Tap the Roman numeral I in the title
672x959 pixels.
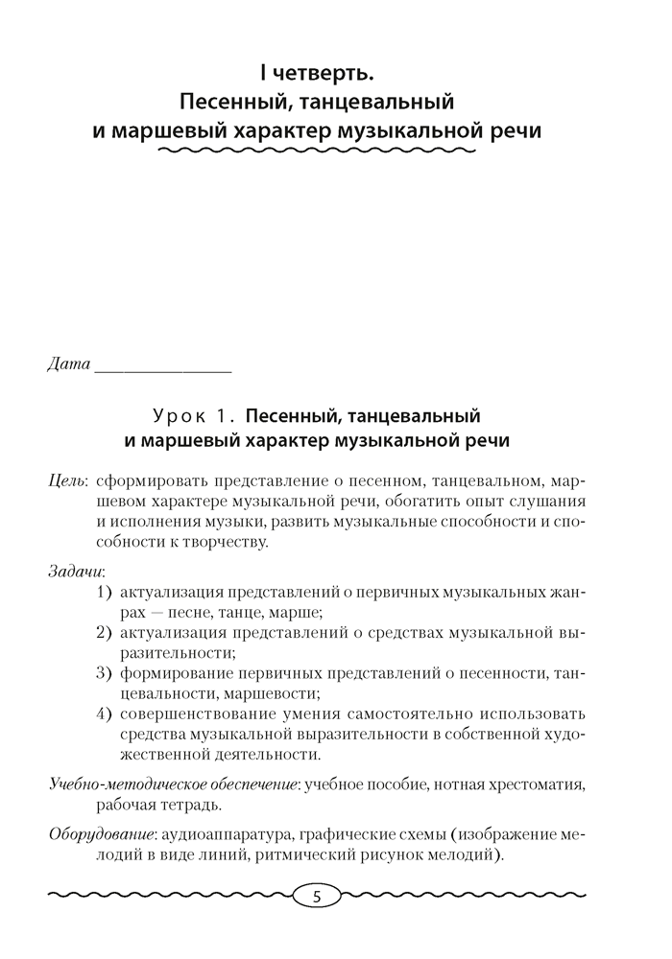[262, 72]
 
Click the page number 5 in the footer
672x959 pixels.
[319, 898]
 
